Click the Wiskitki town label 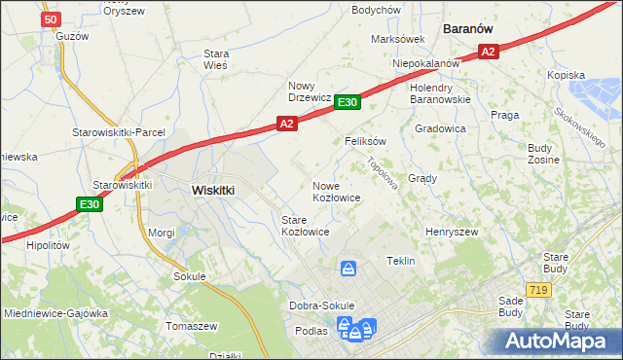[212, 191]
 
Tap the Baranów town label [465, 29]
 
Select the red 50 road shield [53, 18]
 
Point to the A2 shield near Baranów [489, 53]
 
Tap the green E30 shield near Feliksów [348, 101]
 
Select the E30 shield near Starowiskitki [90, 204]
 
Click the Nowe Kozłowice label [337, 192]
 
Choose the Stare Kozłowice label [305, 226]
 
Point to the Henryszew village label [451, 233]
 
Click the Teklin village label [401, 261]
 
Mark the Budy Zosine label [541, 154]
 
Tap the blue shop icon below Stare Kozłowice [348, 268]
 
